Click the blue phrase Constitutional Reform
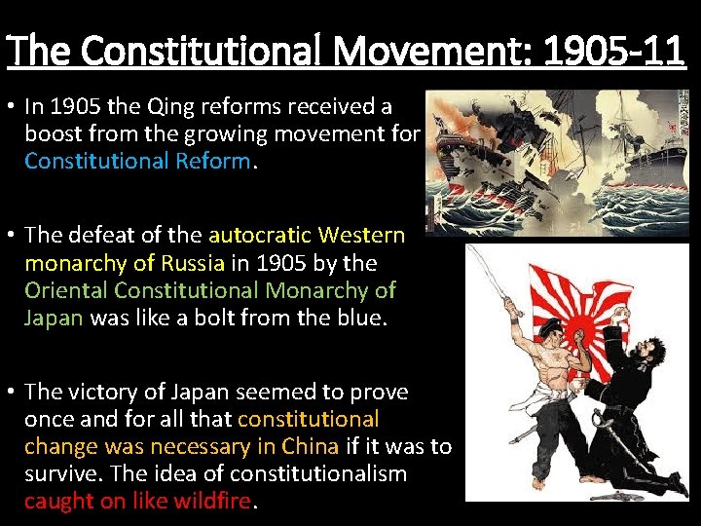(137, 161)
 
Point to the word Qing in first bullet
(179, 105)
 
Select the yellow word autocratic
(255, 235)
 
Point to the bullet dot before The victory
(10, 392)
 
